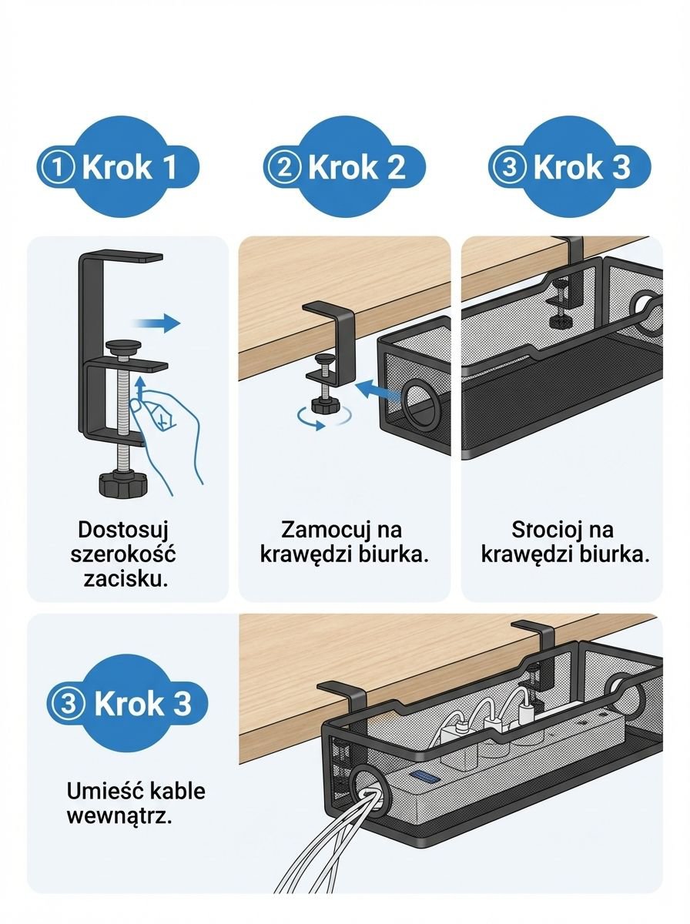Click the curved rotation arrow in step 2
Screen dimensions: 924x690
point(323,417)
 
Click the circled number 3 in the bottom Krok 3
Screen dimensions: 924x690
point(70,703)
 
